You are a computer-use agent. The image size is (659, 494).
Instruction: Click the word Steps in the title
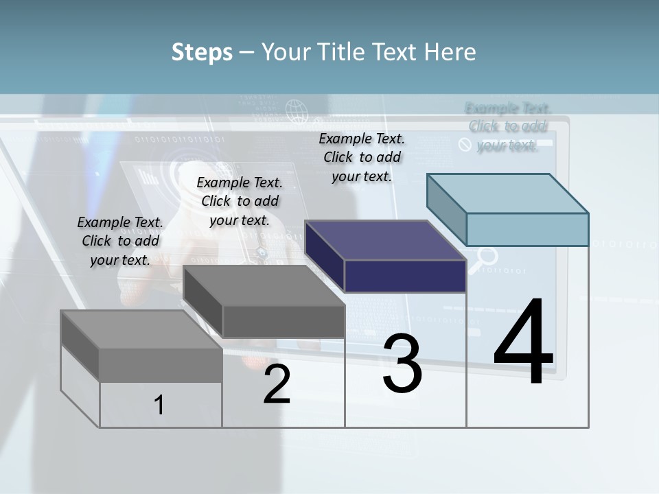coord(202,52)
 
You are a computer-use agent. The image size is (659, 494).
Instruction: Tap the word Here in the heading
coord(450,52)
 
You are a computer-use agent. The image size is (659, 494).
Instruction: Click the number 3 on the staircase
coord(402,364)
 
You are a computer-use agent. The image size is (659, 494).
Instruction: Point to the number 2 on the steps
coord(277,384)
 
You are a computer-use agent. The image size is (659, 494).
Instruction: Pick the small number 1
coord(159,405)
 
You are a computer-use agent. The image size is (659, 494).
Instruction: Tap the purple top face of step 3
coord(385,240)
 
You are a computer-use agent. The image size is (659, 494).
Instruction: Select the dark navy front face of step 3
coord(405,276)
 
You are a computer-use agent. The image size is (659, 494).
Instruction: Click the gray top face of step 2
coord(264,285)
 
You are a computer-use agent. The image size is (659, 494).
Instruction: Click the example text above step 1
coord(120,241)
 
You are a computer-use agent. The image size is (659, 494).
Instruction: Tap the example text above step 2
coord(240,201)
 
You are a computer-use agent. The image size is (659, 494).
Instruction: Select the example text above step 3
coord(362,157)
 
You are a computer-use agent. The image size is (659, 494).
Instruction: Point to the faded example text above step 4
coord(508,126)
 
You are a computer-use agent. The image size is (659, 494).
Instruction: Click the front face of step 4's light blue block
coord(527,229)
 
